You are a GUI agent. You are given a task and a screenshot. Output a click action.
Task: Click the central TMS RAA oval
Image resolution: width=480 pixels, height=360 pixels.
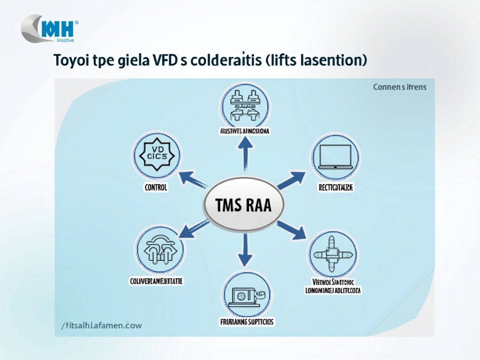point(244,205)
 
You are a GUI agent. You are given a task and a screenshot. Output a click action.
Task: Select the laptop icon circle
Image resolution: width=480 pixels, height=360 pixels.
point(335,157)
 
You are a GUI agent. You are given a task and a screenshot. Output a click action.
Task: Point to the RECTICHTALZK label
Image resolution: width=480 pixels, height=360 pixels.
point(335,187)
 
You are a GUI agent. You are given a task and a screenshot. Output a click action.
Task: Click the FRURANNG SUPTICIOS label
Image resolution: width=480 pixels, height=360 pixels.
point(247,322)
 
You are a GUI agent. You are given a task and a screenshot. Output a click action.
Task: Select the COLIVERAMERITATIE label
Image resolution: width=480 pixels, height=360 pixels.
point(156,281)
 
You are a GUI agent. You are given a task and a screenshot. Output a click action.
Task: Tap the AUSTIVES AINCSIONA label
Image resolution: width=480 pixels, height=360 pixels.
point(244,132)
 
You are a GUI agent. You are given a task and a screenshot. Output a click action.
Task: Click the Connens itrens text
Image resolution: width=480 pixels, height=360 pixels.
point(400,87)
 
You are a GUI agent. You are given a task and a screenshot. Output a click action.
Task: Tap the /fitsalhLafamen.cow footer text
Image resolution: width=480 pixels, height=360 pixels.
point(101,324)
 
